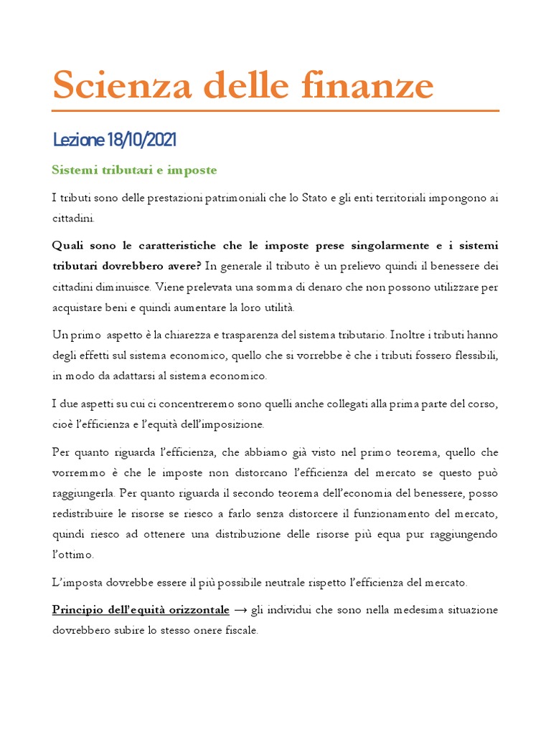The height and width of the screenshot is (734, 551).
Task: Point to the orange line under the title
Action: click(275, 111)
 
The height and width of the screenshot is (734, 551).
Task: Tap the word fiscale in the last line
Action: click(239, 631)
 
